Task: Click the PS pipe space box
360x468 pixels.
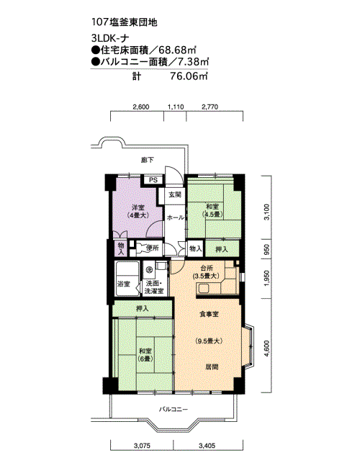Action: point(153,180)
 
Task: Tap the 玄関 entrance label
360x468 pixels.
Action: point(175,195)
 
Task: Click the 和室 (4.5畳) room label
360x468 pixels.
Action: point(212,210)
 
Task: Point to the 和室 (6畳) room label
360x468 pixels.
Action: point(145,355)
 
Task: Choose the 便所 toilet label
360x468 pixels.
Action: point(152,248)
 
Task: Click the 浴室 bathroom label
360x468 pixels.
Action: point(124,284)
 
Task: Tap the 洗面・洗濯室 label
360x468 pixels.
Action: point(153,287)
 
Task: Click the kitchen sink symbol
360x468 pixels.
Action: point(204,289)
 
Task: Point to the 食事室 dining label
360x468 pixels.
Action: point(209,314)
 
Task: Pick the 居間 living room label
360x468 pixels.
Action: point(212,366)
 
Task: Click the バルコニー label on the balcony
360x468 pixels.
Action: point(174,409)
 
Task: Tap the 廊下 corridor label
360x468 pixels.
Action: point(148,161)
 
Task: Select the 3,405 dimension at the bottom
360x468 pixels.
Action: point(207,446)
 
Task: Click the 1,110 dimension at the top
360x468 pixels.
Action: point(176,107)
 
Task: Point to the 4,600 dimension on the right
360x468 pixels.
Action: point(267,348)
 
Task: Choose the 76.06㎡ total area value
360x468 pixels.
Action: point(189,76)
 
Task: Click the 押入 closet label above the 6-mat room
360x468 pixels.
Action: point(143,308)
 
